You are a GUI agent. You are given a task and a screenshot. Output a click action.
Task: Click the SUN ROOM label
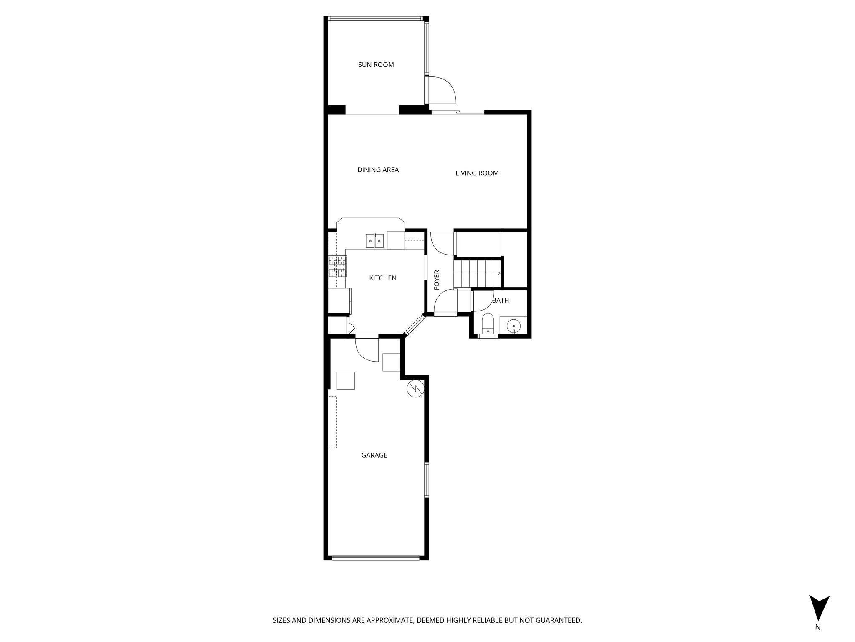376,65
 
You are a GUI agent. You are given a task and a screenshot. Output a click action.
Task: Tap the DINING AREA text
378,170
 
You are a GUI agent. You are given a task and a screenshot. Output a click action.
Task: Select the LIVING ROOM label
477,173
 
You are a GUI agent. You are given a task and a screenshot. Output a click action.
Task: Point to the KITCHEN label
382,278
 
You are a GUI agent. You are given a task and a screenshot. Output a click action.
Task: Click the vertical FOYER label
437,280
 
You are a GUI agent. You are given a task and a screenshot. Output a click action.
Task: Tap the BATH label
500,300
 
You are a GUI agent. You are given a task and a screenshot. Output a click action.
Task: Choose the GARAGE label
374,455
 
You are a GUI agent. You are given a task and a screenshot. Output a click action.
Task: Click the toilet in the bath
487,324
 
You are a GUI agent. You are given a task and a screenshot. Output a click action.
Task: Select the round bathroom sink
513,325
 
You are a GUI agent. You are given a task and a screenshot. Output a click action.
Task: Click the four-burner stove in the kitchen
337,267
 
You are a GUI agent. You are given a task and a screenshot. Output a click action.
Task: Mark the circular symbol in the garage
415,388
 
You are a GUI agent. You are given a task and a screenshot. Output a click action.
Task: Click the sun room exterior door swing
443,90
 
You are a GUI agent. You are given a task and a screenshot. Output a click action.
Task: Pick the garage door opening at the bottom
375,558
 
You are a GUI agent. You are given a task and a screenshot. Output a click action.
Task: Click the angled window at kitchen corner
414,325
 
